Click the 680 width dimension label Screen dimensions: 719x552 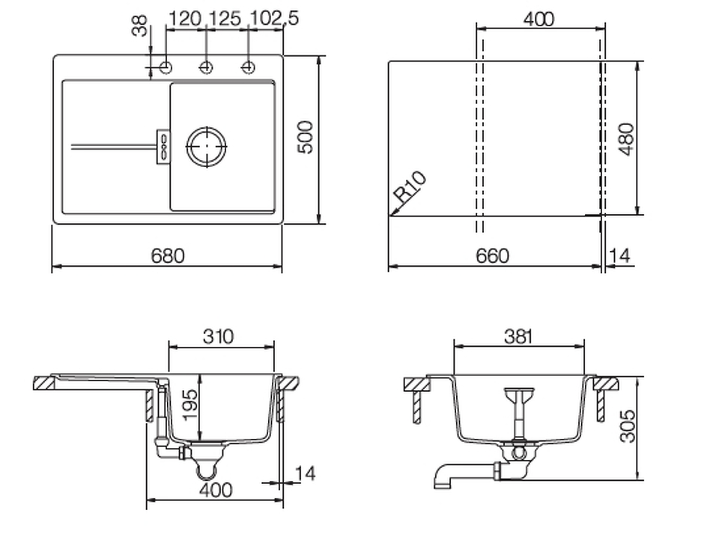167,255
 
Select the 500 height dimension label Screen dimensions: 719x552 306,137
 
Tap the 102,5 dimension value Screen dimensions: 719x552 274,18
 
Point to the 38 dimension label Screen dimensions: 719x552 140,25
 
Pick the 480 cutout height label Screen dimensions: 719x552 626,139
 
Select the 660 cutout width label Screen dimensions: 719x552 493,256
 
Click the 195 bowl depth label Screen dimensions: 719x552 191,404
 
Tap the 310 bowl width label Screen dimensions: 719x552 218,336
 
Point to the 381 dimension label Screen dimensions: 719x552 518,336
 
